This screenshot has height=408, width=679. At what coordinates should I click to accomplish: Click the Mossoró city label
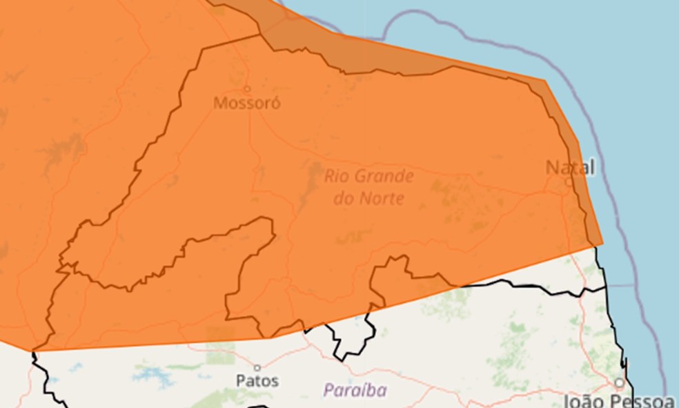(x=246, y=104)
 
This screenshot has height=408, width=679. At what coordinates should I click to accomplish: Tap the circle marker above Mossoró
(x=247, y=88)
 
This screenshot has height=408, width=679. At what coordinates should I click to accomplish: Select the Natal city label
(x=570, y=167)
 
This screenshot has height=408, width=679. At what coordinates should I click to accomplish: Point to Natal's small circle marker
(x=568, y=182)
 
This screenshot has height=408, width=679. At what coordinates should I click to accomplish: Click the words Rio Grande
(x=369, y=177)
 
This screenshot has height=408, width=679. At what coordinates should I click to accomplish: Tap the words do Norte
(x=369, y=200)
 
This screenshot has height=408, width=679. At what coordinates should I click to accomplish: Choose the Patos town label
(x=257, y=380)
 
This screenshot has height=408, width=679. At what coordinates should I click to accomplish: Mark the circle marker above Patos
(x=257, y=367)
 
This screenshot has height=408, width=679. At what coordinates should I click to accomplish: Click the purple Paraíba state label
(x=355, y=390)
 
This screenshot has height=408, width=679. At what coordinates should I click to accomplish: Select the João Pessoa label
(x=619, y=400)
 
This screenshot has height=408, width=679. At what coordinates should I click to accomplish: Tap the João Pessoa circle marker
(x=620, y=382)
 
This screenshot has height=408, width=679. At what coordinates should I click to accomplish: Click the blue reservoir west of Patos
(x=152, y=376)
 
